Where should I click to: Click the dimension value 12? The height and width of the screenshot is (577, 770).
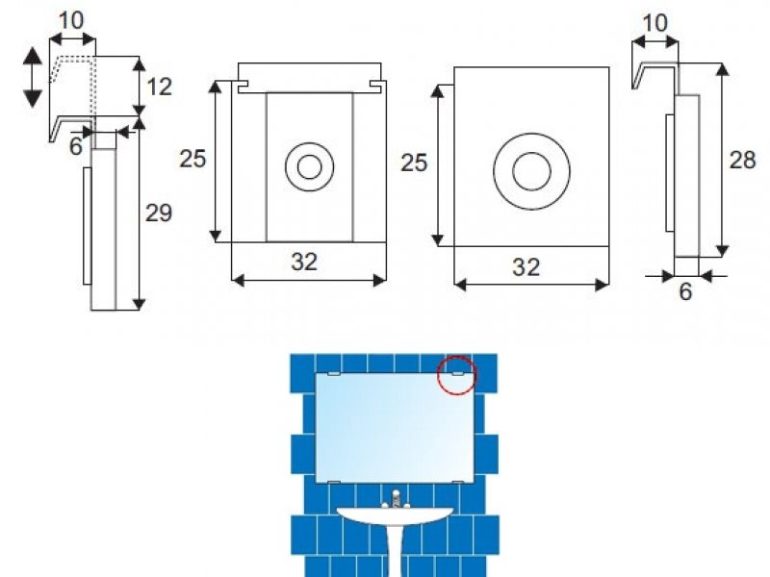(x=160, y=87)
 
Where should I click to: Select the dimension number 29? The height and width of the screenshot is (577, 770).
(x=159, y=213)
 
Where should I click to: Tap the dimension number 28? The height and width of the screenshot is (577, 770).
(x=742, y=161)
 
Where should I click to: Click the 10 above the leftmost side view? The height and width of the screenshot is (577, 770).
(x=71, y=21)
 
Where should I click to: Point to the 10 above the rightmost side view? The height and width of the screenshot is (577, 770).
(x=655, y=23)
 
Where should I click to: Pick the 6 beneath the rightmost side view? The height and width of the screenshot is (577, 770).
(x=685, y=291)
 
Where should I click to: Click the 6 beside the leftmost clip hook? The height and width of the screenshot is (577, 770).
(x=76, y=146)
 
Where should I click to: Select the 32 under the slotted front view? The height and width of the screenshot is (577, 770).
(x=304, y=262)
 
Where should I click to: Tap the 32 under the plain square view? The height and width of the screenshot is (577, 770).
(x=526, y=267)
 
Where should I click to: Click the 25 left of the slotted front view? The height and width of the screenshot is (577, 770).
(x=192, y=159)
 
